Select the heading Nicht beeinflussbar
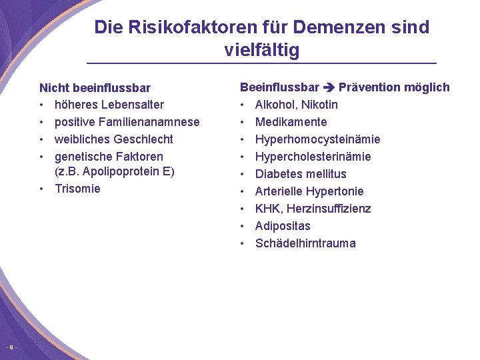pyautogui.click(x=95, y=87)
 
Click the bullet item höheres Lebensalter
pyautogui.click(x=109, y=105)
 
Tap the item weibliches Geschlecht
pyautogui.click(x=113, y=139)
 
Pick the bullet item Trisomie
pyautogui.click(x=77, y=189)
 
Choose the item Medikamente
pyautogui.click(x=291, y=122)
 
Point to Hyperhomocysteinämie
pyautogui.click(x=317, y=139)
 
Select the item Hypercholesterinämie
pyautogui.click(x=313, y=157)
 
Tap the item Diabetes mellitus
pyautogui.click(x=301, y=174)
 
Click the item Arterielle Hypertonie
pyautogui.click(x=309, y=191)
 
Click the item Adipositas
pyautogui.click(x=283, y=226)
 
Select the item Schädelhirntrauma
pyautogui.click(x=305, y=243)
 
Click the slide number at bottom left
pyautogui.click(x=11, y=347)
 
